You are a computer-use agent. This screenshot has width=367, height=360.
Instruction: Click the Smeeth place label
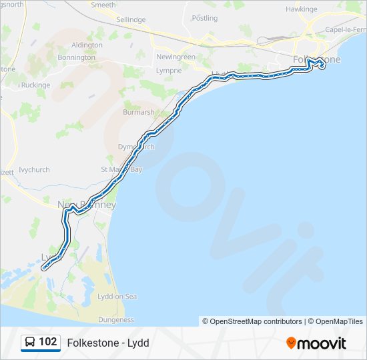(x=103, y=5)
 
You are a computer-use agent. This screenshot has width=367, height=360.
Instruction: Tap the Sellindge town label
(x=131, y=20)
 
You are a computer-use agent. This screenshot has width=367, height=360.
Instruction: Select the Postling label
(x=204, y=19)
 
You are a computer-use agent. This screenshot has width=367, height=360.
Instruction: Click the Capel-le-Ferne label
(x=346, y=29)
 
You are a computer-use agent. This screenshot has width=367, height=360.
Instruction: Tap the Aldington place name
(x=87, y=45)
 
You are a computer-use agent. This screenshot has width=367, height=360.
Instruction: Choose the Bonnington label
(x=77, y=58)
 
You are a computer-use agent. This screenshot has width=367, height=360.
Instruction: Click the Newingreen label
(x=175, y=57)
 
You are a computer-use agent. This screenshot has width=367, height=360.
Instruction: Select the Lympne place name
(x=168, y=70)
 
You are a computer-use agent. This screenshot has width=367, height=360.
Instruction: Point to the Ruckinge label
(x=35, y=85)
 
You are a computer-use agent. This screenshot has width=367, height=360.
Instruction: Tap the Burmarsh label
(x=139, y=113)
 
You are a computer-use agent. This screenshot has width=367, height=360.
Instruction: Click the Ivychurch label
(x=34, y=170)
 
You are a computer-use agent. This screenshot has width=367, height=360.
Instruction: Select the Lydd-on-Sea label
(x=117, y=297)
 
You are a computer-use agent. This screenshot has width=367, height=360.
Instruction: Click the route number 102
(x=47, y=342)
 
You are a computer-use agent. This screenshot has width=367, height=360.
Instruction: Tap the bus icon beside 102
(x=30, y=343)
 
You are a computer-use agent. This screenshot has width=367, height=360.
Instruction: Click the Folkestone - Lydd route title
(x=108, y=343)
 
